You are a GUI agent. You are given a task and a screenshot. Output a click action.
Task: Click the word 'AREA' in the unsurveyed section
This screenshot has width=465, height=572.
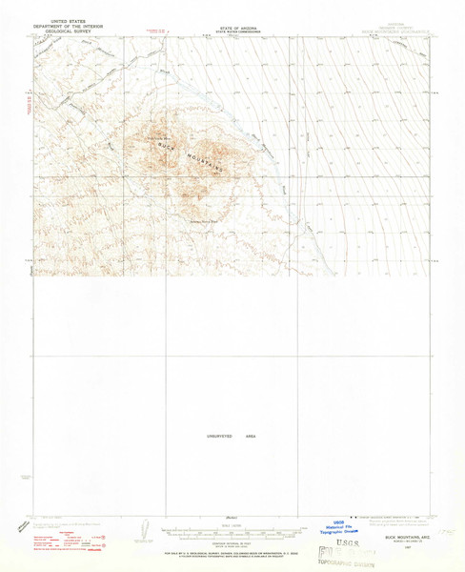point(252,436)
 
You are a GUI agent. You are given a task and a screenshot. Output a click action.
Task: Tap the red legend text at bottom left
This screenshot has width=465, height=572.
point(57,540)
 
